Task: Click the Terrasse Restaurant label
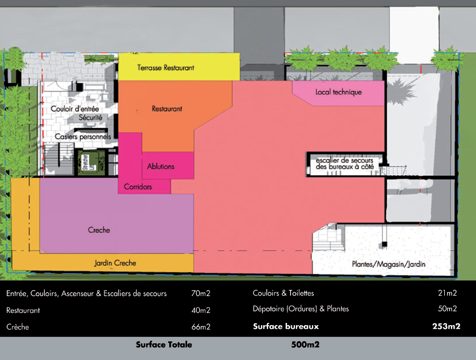point(165,68)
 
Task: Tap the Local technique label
point(338,92)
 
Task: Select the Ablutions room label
point(161,167)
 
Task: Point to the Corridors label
point(138,187)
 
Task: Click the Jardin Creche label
point(115,263)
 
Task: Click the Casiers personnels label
point(83,137)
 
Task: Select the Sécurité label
point(90,118)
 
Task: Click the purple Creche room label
point(99,230)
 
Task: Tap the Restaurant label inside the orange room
point(167,109)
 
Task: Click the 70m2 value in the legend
point(200,294)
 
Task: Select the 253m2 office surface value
point(446,326)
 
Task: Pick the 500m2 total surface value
point(305,344)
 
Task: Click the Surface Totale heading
point(164,344)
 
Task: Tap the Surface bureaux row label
point(286,326)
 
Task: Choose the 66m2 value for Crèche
point(200,327)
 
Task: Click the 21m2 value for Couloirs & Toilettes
point(447,293)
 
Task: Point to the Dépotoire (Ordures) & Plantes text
point(300,309)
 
